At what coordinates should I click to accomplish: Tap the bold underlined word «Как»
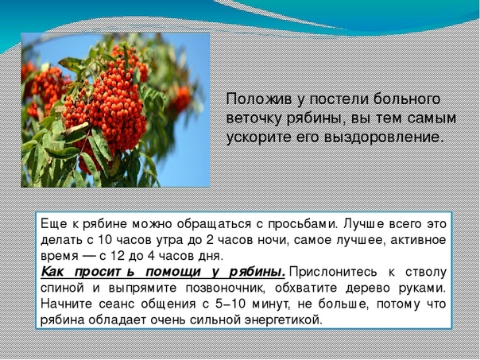52,272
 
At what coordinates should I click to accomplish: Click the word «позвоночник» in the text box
225,288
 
